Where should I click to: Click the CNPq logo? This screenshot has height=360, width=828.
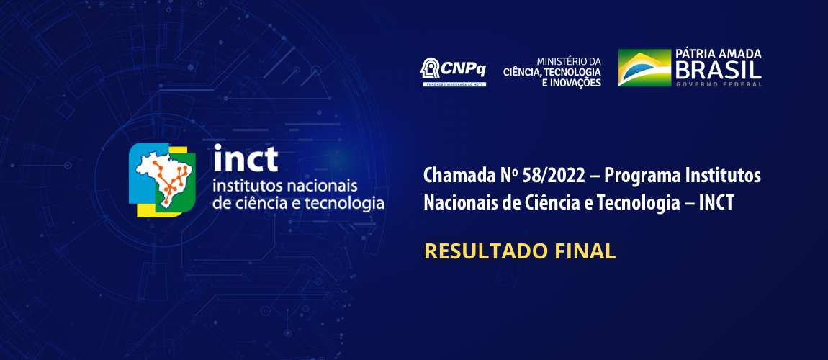click(x=453, y=71)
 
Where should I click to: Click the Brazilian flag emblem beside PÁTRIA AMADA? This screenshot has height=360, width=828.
click(x=644, y=68)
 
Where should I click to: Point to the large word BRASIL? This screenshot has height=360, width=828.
click(x=718, y=70)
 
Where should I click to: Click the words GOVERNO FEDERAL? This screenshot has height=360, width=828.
click(x=718, y=84)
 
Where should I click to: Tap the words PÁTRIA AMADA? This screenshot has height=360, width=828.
click(x=718, y=54)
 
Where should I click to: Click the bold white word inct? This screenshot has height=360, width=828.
click(x=246, y=158)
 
